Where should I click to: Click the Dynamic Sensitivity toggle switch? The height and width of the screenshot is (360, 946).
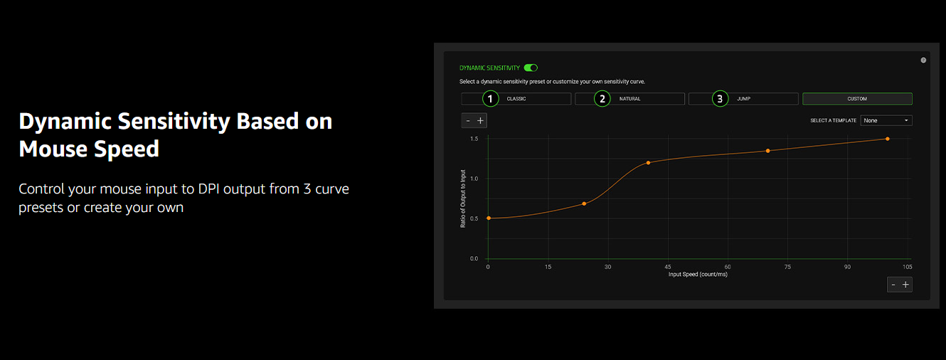[531, 68]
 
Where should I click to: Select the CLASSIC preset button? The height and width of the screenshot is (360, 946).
[516, 99]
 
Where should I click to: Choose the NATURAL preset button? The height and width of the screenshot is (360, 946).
[629, 99]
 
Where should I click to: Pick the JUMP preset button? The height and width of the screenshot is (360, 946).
[743, 99]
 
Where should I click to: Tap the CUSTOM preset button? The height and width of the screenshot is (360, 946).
[857, 99]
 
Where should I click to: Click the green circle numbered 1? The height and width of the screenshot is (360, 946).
[490, 99]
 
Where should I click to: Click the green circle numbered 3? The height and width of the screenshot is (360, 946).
[720, 99]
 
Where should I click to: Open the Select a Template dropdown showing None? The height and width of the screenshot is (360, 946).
[886, 120]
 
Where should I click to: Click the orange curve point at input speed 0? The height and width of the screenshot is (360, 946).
[489, 218]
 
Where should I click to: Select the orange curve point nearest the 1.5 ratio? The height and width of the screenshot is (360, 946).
[887, 139]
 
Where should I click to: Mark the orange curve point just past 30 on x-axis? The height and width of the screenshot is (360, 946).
[648, 163]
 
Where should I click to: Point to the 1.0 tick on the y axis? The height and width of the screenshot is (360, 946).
[474, 179]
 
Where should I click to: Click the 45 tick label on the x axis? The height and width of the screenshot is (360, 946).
[668, 267]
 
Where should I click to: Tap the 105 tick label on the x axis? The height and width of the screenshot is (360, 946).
[907, 267]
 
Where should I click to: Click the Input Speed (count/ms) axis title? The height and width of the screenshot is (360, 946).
[698, 274]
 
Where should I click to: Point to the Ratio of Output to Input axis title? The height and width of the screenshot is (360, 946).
[463, 198]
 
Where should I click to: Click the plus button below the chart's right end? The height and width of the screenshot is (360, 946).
[905, 285]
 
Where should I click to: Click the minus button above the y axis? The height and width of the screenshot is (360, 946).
[468, 121]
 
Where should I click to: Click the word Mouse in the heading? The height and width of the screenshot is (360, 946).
[53, 149]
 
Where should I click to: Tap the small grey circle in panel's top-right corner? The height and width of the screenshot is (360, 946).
[924, 60]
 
